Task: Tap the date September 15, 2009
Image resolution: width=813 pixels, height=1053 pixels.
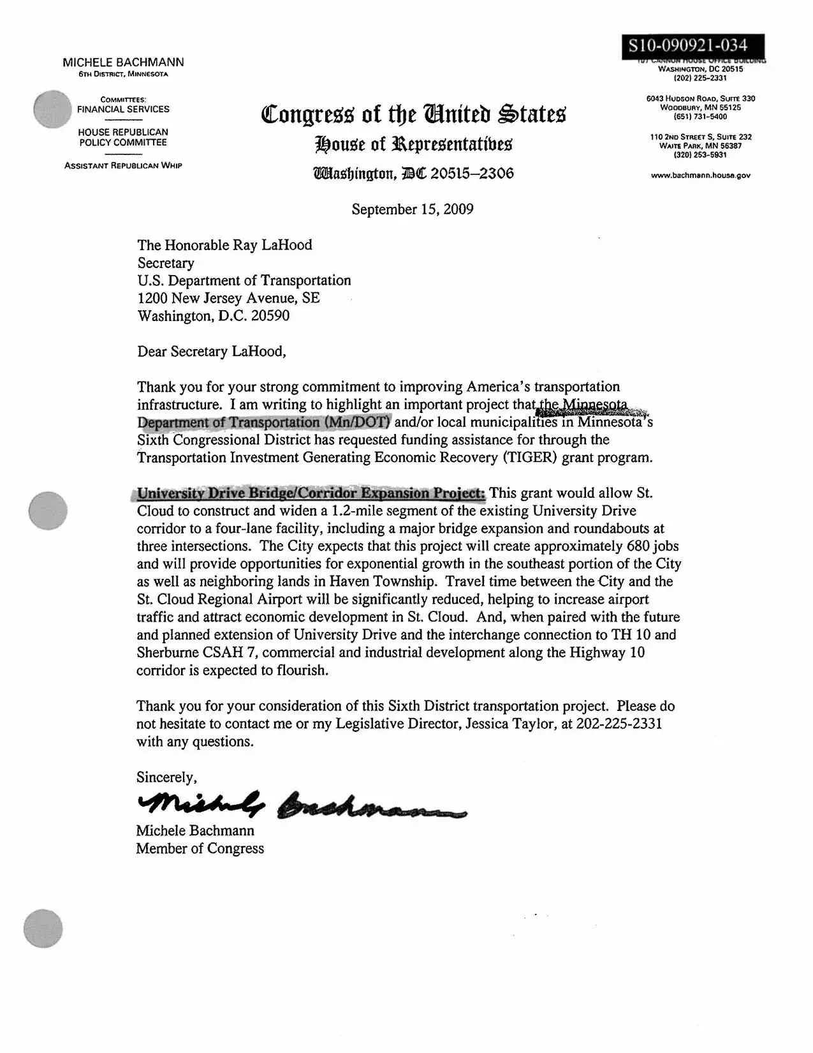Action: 412,209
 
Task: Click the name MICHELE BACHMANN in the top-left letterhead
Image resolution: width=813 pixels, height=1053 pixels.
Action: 123,62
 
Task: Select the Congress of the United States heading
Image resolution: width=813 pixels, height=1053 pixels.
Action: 413,115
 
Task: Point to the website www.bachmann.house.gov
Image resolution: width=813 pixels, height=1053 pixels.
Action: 700,175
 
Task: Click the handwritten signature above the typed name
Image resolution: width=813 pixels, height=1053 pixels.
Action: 300,806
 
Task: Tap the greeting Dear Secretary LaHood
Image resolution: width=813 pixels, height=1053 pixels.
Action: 212,352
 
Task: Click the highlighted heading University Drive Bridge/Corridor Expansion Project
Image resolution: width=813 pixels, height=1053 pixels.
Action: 311,493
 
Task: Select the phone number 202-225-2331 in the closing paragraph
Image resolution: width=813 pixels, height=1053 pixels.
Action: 619,724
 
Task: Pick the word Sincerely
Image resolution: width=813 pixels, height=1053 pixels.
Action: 166,777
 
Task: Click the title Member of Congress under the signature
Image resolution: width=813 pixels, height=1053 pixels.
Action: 200,849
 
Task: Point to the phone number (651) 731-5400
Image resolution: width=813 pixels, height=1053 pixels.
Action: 700,117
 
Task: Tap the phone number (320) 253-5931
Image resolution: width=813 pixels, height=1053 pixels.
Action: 700,155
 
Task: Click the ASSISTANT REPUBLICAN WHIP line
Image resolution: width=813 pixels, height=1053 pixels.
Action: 123,166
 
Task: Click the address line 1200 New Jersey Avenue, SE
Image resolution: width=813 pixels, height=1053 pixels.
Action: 228,298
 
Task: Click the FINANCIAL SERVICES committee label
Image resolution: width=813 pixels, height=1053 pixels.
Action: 123,109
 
